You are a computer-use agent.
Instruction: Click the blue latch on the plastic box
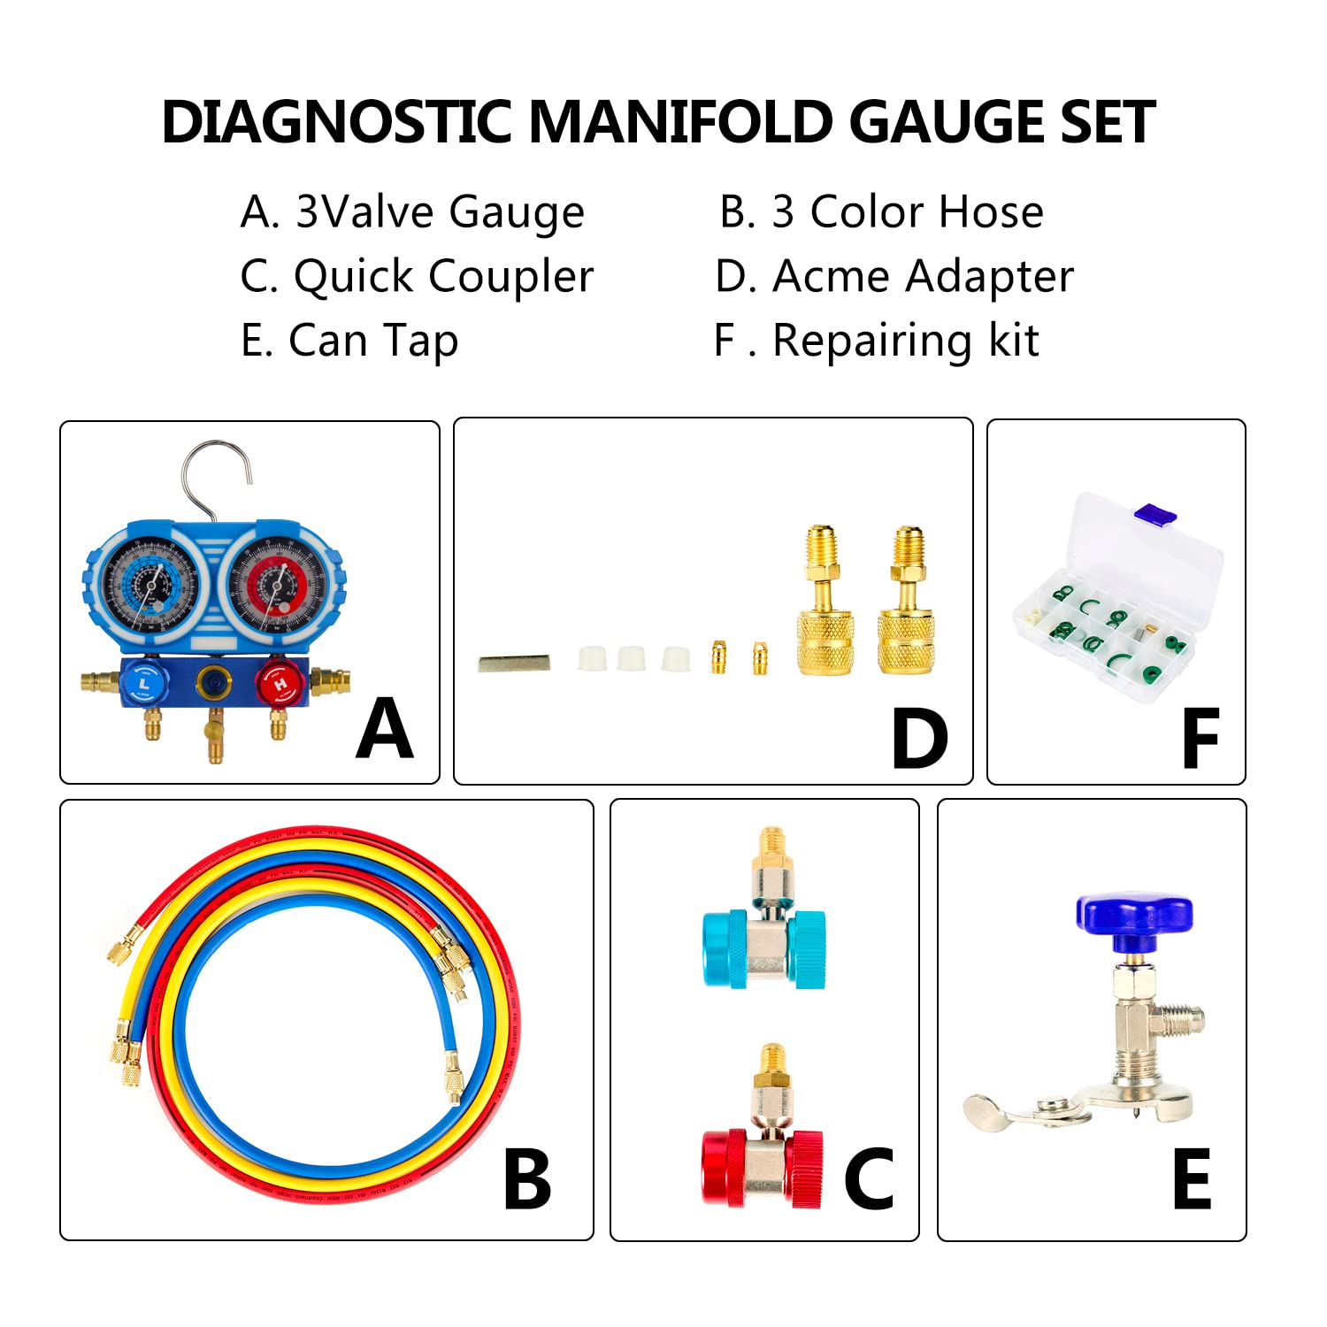(x=1155, y=514)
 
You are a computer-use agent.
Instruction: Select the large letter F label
(x=1200, y=739)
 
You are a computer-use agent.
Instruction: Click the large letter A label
(x=385, y=729)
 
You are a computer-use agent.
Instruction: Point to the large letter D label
(x=919, y=739)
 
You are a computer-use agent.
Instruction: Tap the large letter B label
(x=527, y=1178)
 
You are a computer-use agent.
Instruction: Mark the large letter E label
(x=1192, y=1178)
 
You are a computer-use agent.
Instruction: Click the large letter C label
(x=869, y=1178)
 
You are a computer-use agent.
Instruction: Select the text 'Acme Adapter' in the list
(x=923, y=277)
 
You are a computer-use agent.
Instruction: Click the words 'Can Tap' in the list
(x=373, y=341)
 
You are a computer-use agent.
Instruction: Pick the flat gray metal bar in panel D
(x=514, y=663)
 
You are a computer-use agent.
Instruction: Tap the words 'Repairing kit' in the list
(x=905, y=341)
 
